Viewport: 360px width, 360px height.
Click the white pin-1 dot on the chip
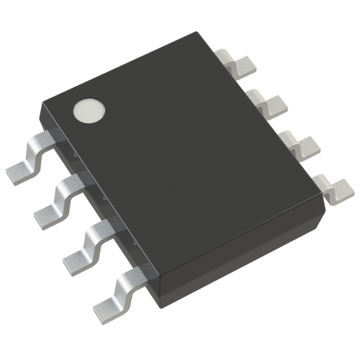point(89,110)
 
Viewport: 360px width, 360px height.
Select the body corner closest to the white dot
point(41,105)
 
